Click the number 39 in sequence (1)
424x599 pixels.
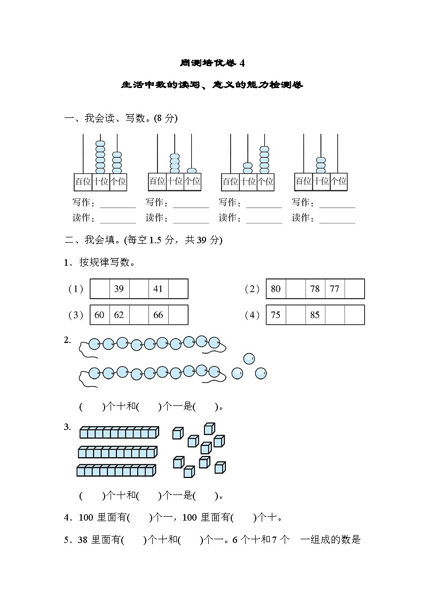pos(119,289)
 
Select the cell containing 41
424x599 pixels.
pos(158,289)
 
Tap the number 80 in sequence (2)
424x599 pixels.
pos(276,289)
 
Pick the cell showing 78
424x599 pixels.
pos(315,289)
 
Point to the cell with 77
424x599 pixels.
pos(334,289)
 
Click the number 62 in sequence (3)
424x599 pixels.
pos(119,315)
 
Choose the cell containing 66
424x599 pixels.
pos(158,315)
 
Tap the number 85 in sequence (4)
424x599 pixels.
pos(315,315)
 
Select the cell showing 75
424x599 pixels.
pos(276,315)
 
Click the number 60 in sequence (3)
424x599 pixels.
pos(99,315)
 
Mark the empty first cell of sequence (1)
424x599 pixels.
pos(99,289)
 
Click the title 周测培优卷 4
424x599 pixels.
pos(212,63)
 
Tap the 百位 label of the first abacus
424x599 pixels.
pos(83,181)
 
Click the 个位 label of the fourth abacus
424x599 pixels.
pos(339,181)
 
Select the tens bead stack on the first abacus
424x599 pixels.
pos(100,157)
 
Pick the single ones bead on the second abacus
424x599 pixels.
pos(192,171)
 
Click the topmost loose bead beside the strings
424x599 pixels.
pos(249,358)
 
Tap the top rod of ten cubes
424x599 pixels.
pos(119,432)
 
